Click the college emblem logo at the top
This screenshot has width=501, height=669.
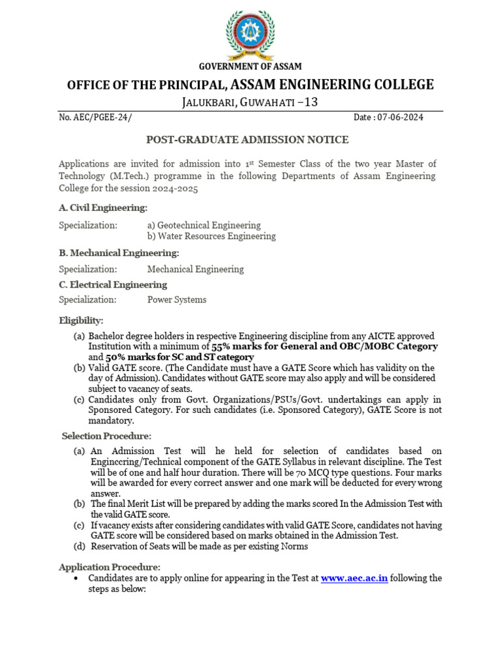click(x=250, y=33)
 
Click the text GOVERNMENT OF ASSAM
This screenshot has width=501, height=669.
click(x=250, y=67)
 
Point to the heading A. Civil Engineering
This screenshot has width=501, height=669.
click(x=103, y=208)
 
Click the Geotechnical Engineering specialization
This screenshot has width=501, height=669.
click(x=204, y=225)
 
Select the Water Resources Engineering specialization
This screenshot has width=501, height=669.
click(x=211, y=237)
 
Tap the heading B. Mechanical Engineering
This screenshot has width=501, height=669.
click(x=119, y=253)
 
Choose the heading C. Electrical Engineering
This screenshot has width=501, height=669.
click(x=113, y=285)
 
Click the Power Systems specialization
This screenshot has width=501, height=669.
click(x=177, y=300)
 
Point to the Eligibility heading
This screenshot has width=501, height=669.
click(x=81, y=320)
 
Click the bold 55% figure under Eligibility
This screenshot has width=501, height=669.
click(x=221, y=347)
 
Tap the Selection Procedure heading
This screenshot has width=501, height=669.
click(x=106, y=436)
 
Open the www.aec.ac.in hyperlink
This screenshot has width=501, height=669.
click(x=354, y=578)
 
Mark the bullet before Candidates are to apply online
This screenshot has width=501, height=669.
click(x=78, y=578)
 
